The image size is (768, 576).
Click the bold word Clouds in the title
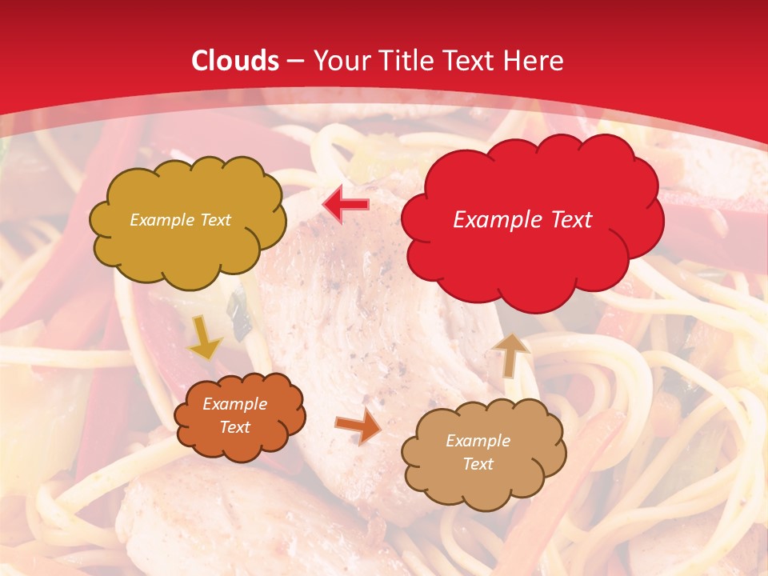point(235,61)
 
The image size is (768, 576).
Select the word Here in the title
point(536,61)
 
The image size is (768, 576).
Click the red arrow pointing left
point(346,205)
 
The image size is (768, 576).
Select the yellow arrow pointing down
point(205,338)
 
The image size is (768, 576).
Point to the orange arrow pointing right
point(358,427)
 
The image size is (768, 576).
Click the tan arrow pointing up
point(510,354)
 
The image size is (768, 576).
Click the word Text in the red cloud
point(570,220)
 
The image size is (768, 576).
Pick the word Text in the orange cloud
point(235,427)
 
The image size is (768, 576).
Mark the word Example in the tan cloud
point(478,441)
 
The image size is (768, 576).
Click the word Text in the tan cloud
point(478,464)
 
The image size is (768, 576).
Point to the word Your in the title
point(336,61)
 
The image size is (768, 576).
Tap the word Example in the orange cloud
point(235,404)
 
